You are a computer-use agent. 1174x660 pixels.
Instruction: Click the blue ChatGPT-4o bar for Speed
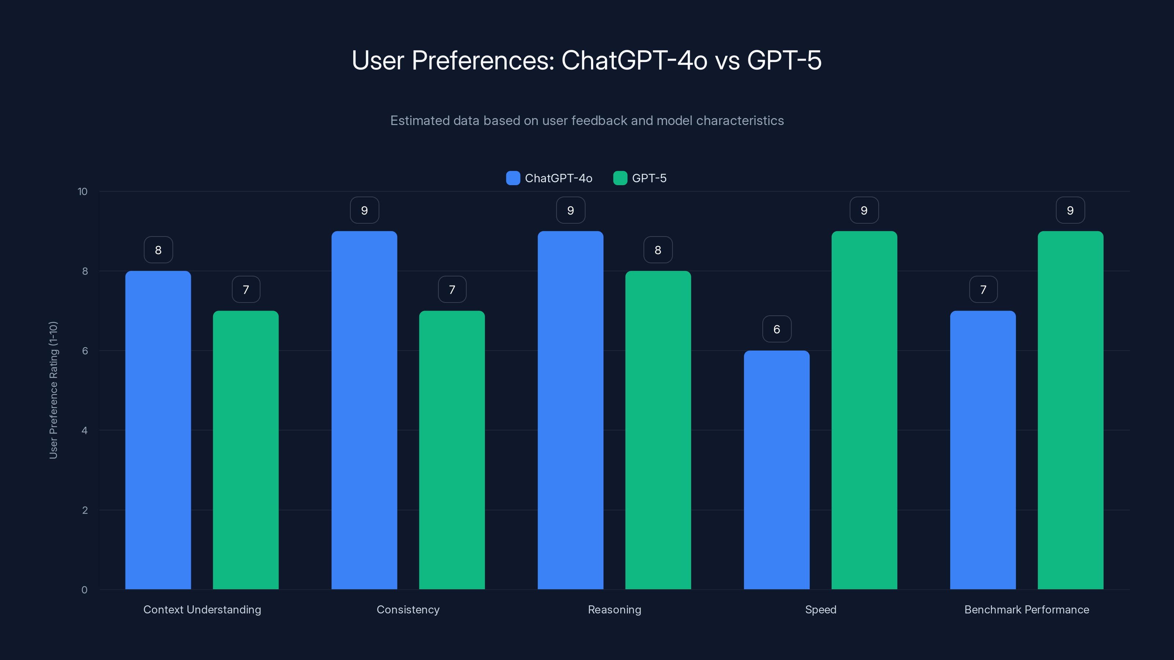click(777, 469)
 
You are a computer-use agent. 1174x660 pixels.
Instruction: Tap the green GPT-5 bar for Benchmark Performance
click(1070, 410)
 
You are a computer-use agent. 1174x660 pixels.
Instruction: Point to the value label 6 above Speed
click(777, 329)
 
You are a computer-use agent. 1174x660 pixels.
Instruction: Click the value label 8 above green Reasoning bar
click(658, 250)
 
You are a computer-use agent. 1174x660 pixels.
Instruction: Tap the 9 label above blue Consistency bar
click(364, 210)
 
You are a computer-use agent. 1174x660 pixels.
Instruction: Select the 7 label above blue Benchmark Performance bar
click(983, 289)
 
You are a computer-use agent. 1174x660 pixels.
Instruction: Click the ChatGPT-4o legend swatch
click(513, 178)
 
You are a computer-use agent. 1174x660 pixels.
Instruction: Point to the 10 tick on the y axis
click(83, 191)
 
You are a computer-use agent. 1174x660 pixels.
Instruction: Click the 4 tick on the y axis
click(84, 430)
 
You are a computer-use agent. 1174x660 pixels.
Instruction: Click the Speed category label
click(820, 609)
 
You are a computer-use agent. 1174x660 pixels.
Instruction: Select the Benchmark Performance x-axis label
click(1027, 609)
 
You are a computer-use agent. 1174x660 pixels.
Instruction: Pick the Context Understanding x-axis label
click(202, 609)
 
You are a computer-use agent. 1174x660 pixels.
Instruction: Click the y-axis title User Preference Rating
click(53, 390)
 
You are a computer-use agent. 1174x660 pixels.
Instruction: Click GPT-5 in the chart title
click(784, 60)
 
